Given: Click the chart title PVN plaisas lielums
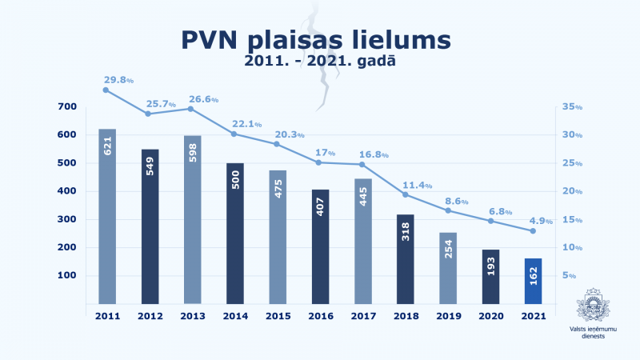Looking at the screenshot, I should tap(315, 39).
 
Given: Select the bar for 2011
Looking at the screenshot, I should tap(107, 216).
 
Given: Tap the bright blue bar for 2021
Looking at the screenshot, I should tap(532, 281).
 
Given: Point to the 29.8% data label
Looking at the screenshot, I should tap(118, 80).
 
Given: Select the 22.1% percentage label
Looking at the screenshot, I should tap(246, 124).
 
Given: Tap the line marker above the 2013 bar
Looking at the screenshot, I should tap(191, 109).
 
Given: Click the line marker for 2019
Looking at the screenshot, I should tap(447, 210).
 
